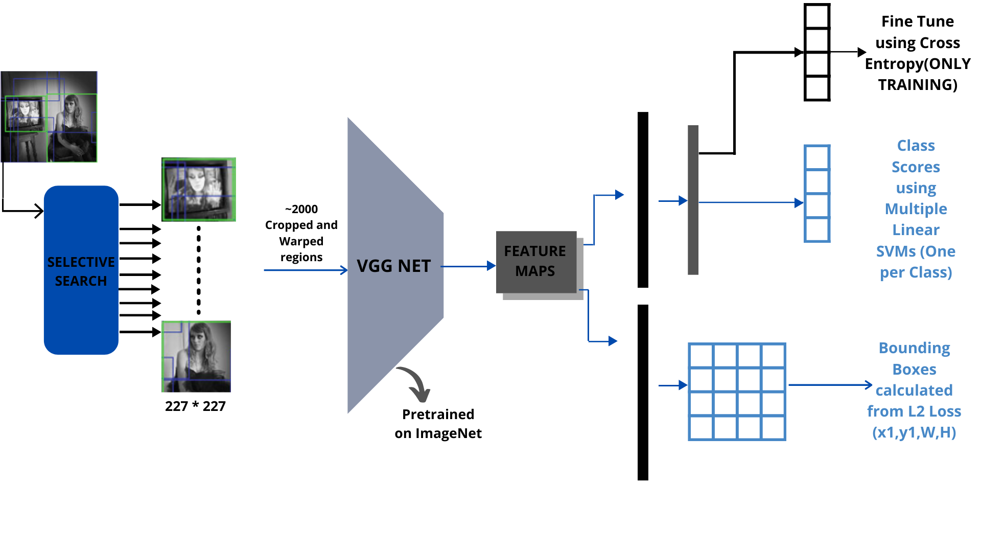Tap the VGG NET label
pos(393,266)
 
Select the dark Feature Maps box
pos(535,262)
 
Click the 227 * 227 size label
pos(195,406)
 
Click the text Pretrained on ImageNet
pos(438,424)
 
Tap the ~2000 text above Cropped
pos(301,209)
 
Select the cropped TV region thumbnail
pos(199,190)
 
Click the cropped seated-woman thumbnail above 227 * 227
pos(196,356)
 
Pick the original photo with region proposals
pos(49,117)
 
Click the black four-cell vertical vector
pos(816,52)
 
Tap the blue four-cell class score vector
pos(816,193)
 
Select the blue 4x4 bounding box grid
pos(737,392)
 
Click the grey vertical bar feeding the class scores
pos(693,200)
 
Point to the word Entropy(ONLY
pos(918,64)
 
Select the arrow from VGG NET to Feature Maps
pos(468,266)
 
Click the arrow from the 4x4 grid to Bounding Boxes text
pos(830,385)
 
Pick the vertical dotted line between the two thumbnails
pos(199,271)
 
